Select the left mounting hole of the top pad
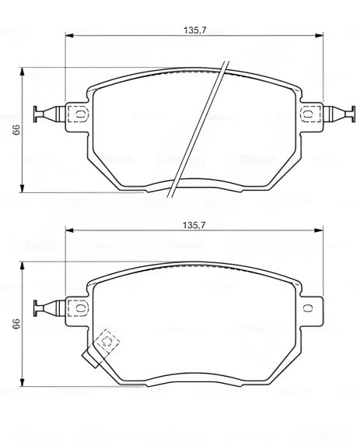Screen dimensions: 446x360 [79, 114]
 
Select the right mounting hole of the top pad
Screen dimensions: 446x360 [309, 114]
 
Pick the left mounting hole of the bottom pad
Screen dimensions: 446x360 [79, 307]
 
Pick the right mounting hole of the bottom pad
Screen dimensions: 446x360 [309, 307]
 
